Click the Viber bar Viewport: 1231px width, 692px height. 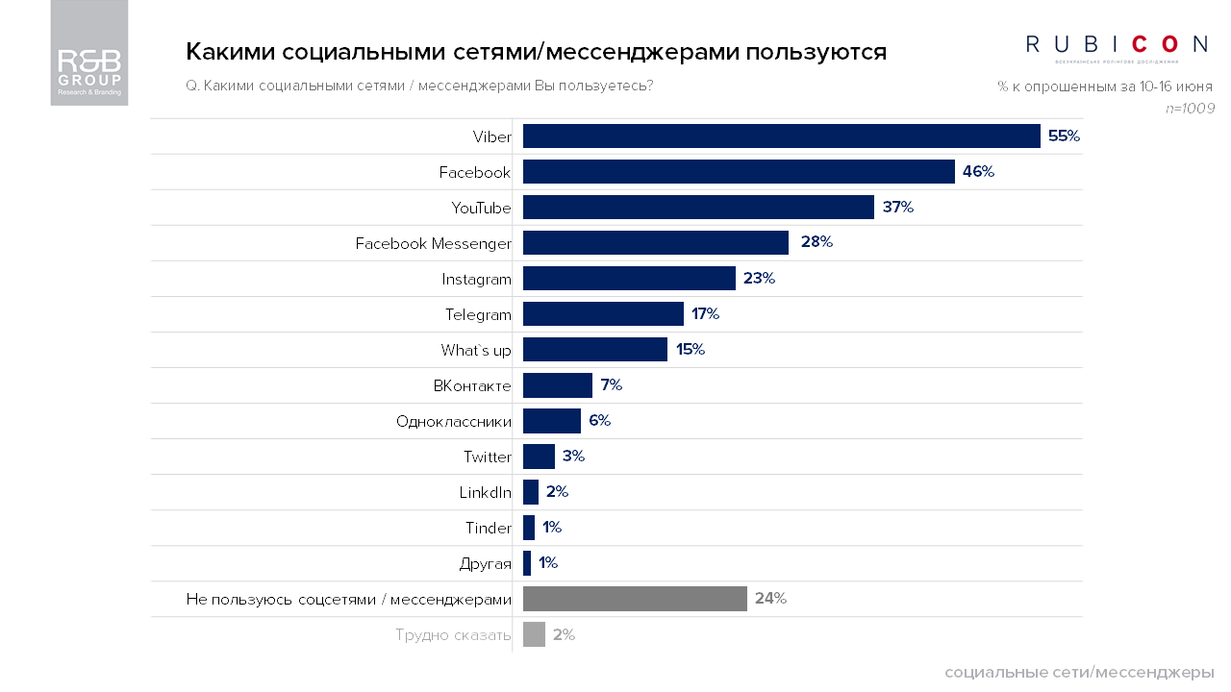pos(781,136)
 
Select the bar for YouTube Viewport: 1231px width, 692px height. pos(698,208)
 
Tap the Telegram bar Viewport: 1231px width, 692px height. pos(603,314)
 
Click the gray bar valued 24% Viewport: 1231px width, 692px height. pos(635,599)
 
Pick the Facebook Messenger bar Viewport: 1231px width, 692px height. pos(655,243)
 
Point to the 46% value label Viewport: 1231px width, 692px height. pos(978,172)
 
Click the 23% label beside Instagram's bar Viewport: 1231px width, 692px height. pos(759,279)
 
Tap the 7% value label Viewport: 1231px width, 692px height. pos(612,385)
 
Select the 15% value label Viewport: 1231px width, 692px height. pos(691,350)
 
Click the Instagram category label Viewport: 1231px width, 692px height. pos(476,280)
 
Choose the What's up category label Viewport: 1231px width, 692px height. pos(476,350)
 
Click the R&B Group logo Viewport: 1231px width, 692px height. pos(89,53)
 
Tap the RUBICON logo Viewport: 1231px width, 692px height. pos(1117,44)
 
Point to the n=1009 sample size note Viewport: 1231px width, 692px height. pos(1190,109)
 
